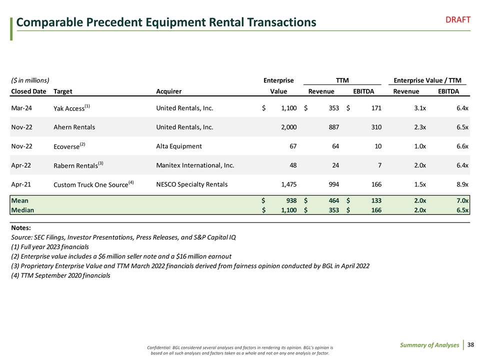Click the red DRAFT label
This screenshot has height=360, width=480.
pos(458,19)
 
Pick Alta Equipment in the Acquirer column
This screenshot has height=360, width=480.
pos(179,146)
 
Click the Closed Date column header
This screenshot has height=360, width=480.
pos(28,91)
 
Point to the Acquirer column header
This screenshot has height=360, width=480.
pos(169,91)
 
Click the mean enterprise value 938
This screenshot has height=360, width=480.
pos(289,200)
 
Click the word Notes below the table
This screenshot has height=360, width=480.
pos(21,228)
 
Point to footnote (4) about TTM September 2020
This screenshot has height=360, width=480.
pos(60,275)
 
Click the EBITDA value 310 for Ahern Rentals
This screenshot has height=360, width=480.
pos(375,127)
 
